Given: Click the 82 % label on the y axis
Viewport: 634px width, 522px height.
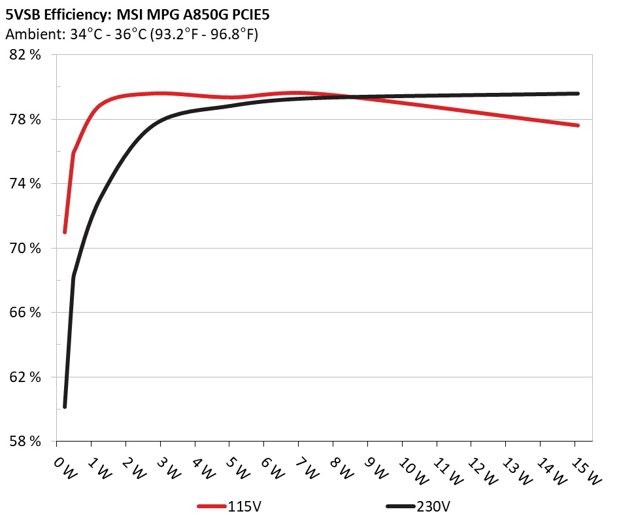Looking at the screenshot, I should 26,55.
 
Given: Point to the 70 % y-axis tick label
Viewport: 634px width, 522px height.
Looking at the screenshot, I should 26,249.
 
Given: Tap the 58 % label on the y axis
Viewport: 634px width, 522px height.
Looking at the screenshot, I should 26,442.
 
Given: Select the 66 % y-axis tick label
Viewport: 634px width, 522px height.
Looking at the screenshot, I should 26,313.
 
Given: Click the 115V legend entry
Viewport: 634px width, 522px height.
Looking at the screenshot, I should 245,506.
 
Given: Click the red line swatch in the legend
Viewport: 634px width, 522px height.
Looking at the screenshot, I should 212,506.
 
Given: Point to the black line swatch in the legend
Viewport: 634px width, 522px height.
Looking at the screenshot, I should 400,506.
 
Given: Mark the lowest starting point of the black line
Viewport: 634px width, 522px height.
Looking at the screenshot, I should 65,407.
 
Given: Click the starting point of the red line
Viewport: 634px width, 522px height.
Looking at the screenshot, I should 65,232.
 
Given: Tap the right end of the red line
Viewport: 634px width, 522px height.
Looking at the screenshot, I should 578,125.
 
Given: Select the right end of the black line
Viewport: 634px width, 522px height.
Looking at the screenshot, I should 578,94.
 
